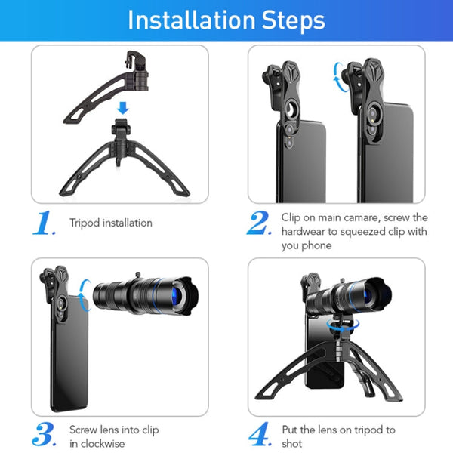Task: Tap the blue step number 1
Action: [x=45, y=223]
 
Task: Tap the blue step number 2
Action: [x=259, y=223]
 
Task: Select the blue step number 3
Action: [x=45, y=436]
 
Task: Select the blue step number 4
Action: [x=259, y=436]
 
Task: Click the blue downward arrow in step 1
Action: [x=123, y=109]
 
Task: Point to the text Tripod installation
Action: [x=111, y=223]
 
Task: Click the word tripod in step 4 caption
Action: [x=369, y=430]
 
